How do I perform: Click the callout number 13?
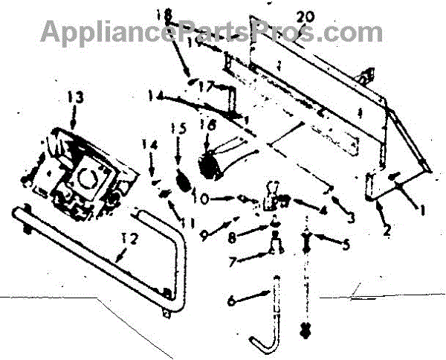(x=75, y=97)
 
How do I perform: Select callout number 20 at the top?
(x=304, y=15)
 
